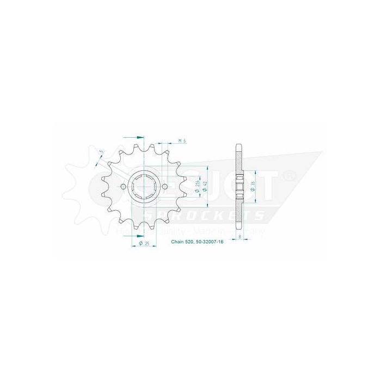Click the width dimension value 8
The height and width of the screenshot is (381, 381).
(240, 238)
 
